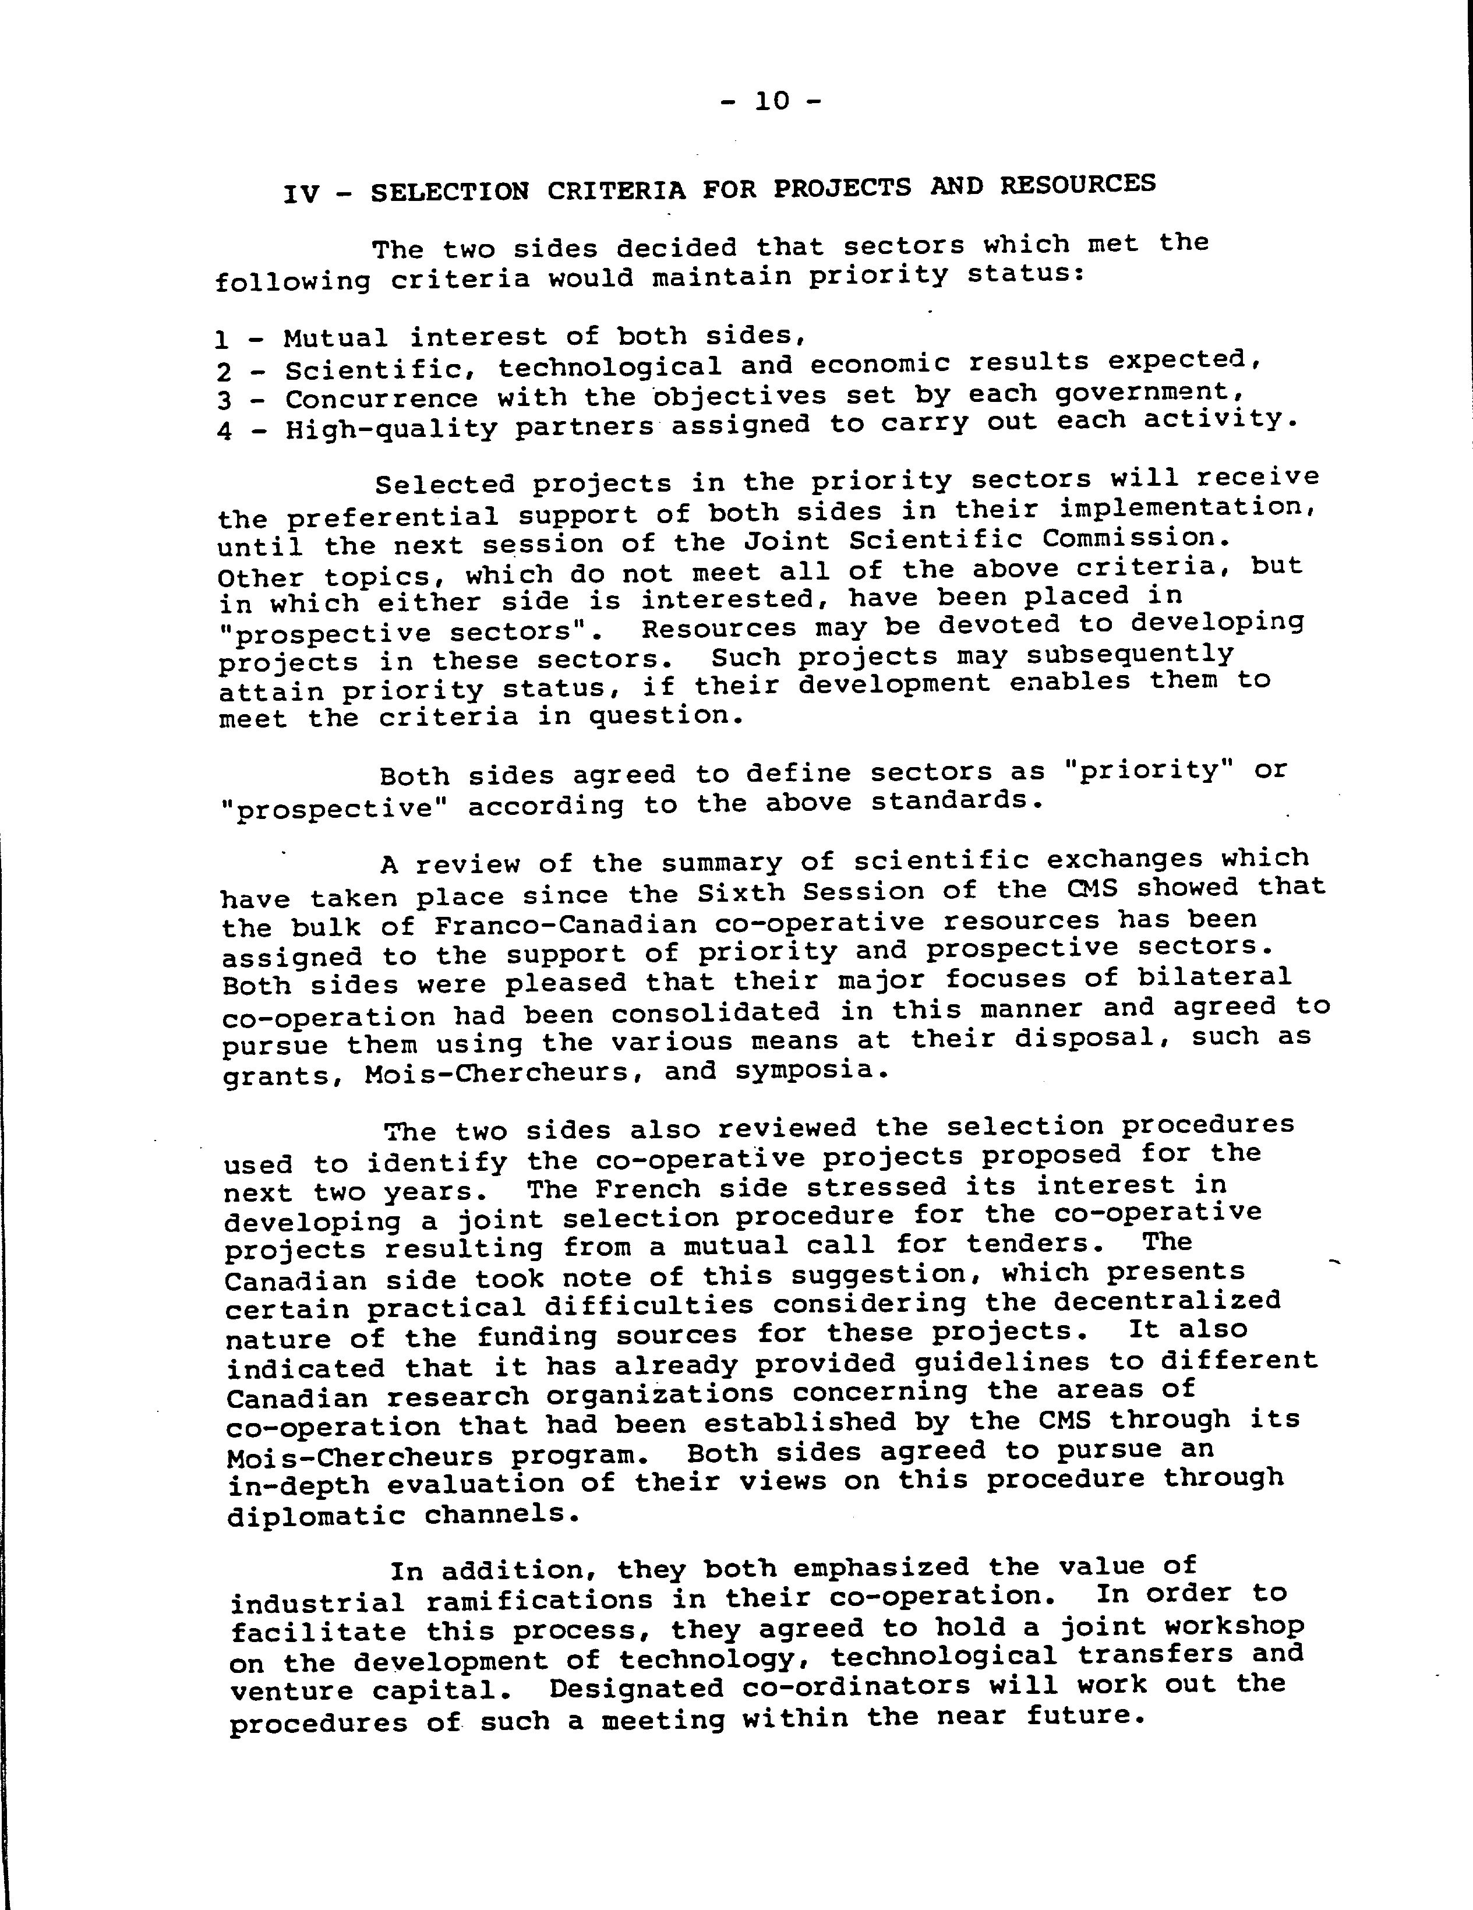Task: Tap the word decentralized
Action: point(1167,1301)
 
